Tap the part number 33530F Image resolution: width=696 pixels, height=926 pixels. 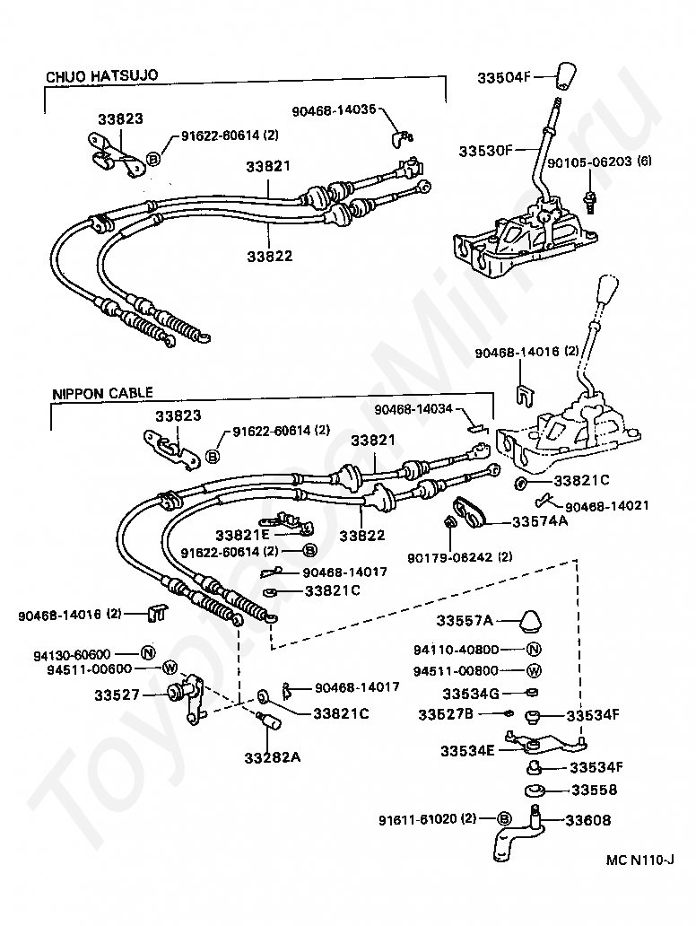[486, 151]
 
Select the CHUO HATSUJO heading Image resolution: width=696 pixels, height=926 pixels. [102, 76]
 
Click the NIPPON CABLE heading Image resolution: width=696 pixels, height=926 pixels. [103, 393]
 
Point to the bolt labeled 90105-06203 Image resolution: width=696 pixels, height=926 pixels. [589, 201]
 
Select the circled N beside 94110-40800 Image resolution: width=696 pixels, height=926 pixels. [534, 650]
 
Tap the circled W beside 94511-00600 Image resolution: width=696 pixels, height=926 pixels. [170, 668]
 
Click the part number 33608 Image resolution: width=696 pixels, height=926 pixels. [588, 820]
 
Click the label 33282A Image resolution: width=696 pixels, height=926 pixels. [272, 757]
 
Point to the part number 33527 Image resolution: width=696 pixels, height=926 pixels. [117, 695]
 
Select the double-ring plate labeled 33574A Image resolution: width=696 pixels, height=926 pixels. [469, 512]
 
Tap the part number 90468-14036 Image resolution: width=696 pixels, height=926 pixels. [334, 109]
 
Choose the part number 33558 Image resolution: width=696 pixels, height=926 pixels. [594, 790]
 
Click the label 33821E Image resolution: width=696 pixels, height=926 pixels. [242, 536]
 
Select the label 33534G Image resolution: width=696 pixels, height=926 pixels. [471, 694]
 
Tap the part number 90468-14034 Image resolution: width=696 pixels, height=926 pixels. [413, 408]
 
